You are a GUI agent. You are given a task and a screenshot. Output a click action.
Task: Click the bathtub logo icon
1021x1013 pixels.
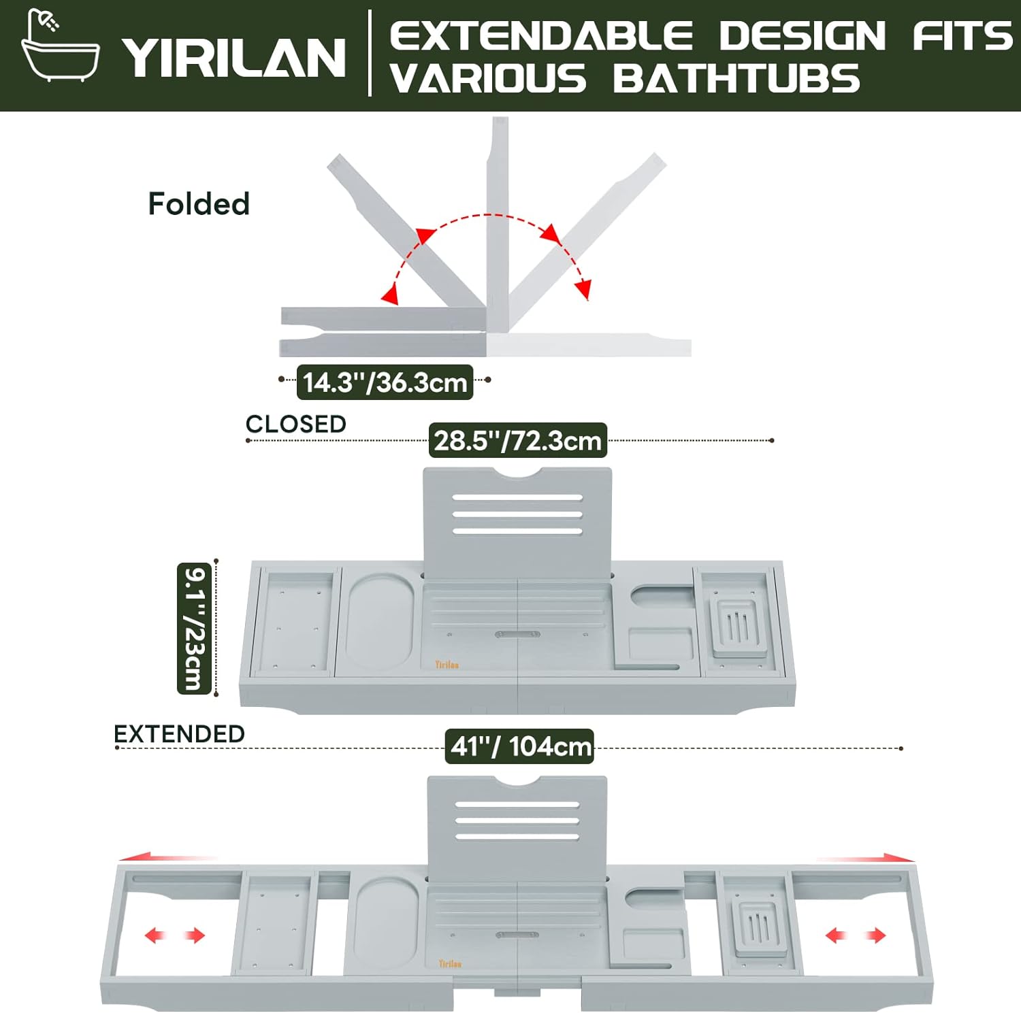(x=60, y=46)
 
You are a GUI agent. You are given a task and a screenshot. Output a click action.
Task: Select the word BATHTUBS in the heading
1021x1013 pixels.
(x=736, y=78)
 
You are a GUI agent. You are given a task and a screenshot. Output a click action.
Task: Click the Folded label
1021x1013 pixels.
(x=199, y=204)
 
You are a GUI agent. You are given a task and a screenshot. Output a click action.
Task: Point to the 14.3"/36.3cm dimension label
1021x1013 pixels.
(x=385, y=382)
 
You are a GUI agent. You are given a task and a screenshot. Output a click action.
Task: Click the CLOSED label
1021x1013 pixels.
(x=295, y=424)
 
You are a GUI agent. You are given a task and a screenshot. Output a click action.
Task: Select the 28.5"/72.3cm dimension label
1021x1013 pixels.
(x=517, y=441)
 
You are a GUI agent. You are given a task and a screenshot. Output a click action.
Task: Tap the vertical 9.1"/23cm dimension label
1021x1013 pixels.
(x=193, y=627)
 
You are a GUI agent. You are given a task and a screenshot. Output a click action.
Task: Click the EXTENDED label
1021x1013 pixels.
(x=179, y=734)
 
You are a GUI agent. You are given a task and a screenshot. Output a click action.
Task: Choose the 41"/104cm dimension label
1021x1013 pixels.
(x=520, y=746)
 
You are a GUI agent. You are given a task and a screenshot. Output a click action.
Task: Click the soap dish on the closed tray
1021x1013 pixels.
(x=735, y=624)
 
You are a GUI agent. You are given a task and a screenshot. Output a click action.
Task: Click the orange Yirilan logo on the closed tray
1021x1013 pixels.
(x=447, y=665)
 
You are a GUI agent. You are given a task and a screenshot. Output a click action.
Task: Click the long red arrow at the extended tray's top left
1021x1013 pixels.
(x=167, y=858)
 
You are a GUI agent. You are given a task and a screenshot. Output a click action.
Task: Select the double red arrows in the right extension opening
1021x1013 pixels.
(x=856, y=935)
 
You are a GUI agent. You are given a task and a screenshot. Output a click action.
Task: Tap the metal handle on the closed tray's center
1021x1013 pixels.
(x=517, y=634)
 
